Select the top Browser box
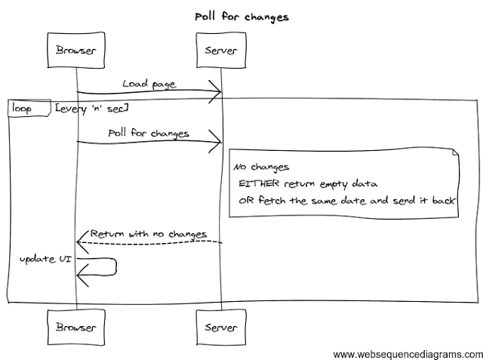click(x=75, y=51)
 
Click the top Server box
click(x=220, y=51)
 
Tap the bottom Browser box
click(x=75, y=327)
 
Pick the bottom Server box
click(x=220, y=327)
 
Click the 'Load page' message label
click(x=149, y=84)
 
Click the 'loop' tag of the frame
click(x=26, y=108)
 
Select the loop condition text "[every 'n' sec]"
click(x=91, y=109)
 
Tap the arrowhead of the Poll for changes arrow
click(x=217, y=141)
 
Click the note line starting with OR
click(x=348, y=201)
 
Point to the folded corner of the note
click(x=455, y=154)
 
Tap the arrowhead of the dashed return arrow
click(x=81, y=241)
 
